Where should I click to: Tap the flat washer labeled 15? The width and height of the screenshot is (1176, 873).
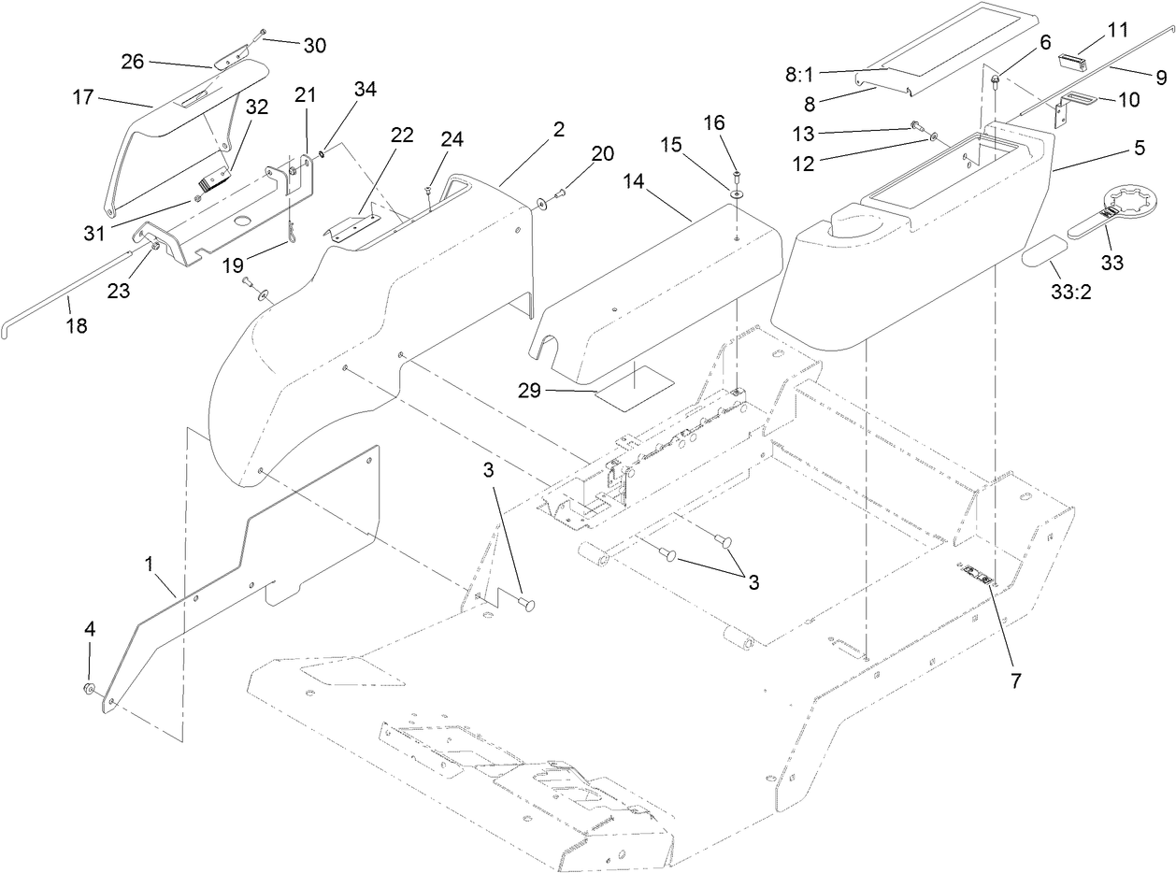737,192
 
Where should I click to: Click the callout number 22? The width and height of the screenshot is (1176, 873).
402,135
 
